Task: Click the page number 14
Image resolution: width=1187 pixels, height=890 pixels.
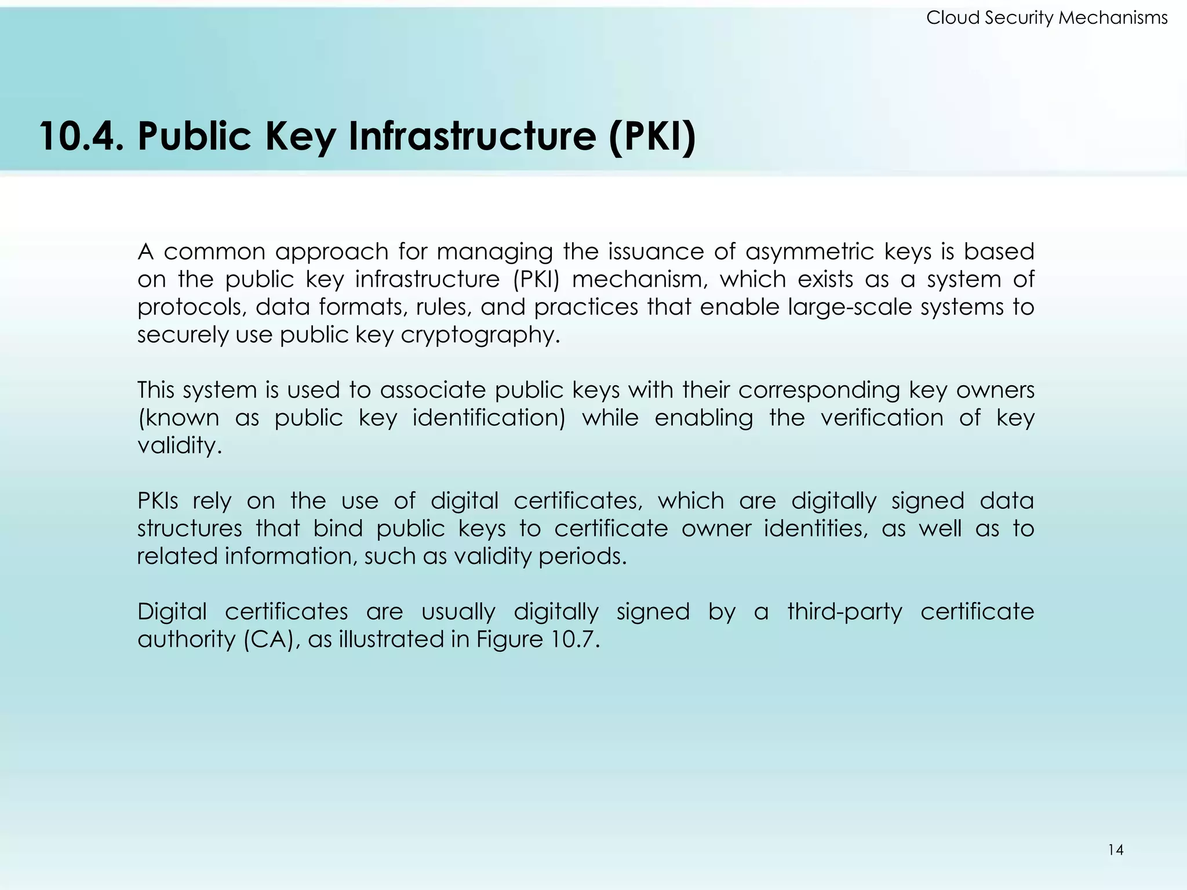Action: pyautogui.click(x=1116, y=850)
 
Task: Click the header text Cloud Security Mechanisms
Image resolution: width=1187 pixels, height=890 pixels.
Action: pyautogui.click(x=1047, y=18)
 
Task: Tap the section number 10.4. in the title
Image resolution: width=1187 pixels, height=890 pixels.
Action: pyautogui.click(x=82, y=136)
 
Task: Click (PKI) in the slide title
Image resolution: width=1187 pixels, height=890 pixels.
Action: pyautogui.click(x=652, y=136)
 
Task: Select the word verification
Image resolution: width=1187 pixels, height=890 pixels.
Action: pyautogui.click(x=882, y=418)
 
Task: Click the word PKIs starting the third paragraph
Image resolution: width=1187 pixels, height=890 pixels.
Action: pyautogui.click(x=158, y=501)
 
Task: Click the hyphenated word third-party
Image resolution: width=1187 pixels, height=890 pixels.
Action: pyautogui.click(x=844, y=612)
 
